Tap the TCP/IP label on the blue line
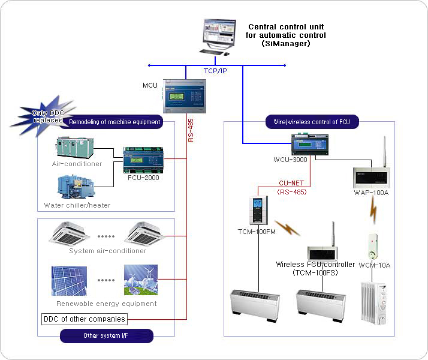coord(214,71)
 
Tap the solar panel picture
coord(69,281)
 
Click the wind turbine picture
coord(140,280)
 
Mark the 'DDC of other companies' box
coord(85,319)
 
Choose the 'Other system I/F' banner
coord(107,336)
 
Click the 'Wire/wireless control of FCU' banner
coord(312,122)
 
